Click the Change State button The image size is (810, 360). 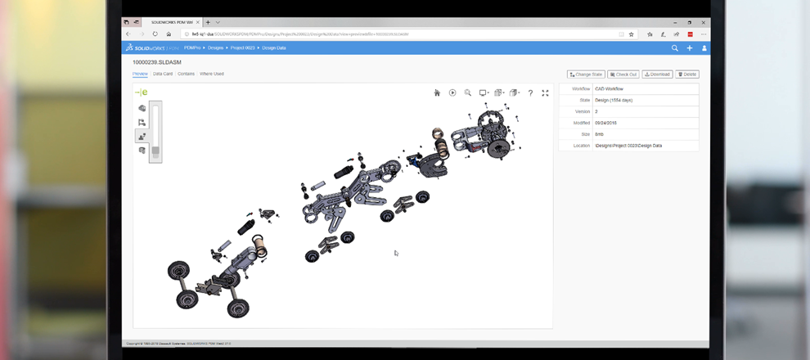[x=586, y=74]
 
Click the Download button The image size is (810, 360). [x=657, y=74]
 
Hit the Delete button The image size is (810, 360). [x=687, y=74]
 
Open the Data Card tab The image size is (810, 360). [x=163, y=74]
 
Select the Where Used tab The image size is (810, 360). [x=211, y=74]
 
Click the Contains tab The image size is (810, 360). [x=186, y=74]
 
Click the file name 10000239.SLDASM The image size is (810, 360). [x=157, y=62]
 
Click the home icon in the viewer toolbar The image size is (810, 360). [x=437, y=93]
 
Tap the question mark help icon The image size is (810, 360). [x=530, y=93]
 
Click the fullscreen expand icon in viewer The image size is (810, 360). [x=546, y=93]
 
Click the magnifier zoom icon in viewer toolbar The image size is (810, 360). [x=468, y=93]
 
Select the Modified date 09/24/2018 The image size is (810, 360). [x=606, y=123]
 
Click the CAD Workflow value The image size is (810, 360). [x=610, y=88]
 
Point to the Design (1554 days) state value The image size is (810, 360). [x=614, y=100]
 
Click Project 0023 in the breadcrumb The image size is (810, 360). [x=242, y=48]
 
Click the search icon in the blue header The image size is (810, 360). [x=675, y=48]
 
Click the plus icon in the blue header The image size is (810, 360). [x=690, y=48]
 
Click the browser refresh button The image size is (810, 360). [x=155, y=34]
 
